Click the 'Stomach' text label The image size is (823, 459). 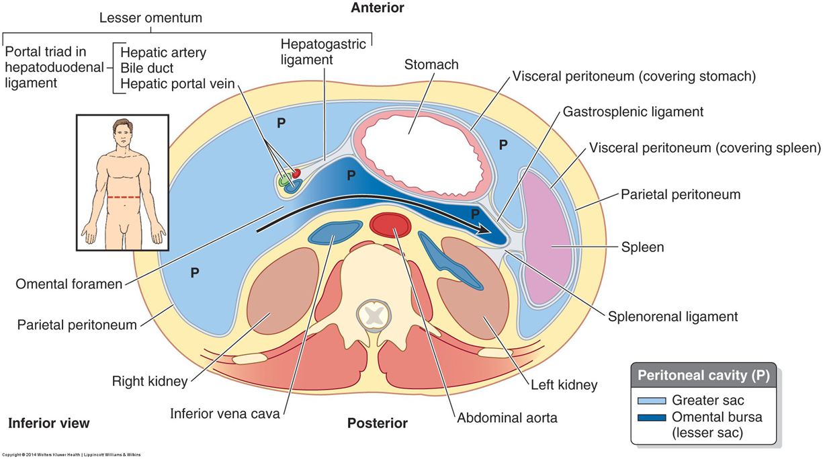(x=431, y=65)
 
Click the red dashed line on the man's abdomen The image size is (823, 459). (x=123, y=197)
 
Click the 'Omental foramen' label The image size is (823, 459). (x=69, y=284)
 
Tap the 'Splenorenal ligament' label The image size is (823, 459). (x=673, y=316)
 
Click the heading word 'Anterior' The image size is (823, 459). (x=378, y=8)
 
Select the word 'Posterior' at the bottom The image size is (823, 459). (x=377, y=423)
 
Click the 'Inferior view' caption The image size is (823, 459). (x=48, y=423)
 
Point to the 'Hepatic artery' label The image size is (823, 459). (x=163, y=52)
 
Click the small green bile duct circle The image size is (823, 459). (x=285, y=181)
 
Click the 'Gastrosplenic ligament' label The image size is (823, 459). (x=633, y=112)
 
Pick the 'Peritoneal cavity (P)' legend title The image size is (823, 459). (x=703, y=374)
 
